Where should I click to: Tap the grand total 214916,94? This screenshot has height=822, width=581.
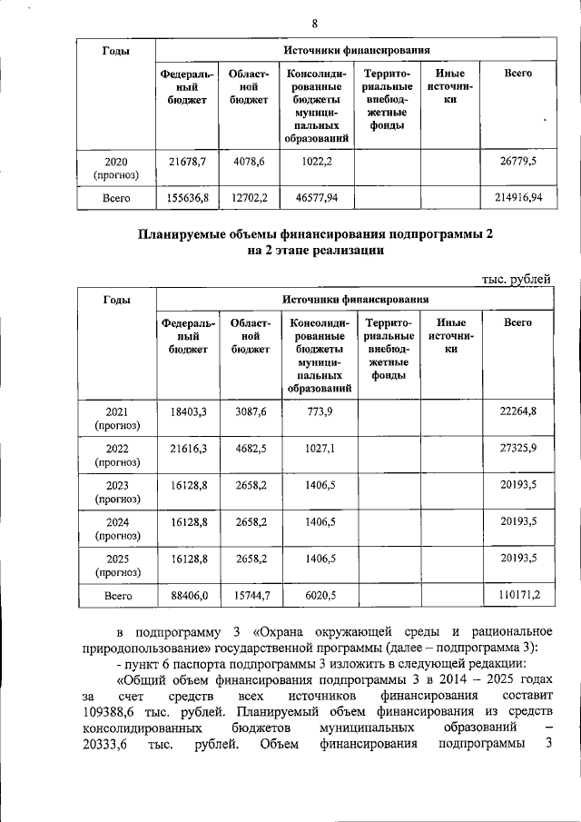point(517,196)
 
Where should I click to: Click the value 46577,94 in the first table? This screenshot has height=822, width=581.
point(313,196)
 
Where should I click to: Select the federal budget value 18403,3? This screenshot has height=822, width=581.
point(189,411)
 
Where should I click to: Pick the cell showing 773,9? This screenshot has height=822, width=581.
point(313,411)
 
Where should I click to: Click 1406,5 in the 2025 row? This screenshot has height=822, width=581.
point(313,558)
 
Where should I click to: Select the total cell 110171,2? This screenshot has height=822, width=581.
point(518,595)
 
